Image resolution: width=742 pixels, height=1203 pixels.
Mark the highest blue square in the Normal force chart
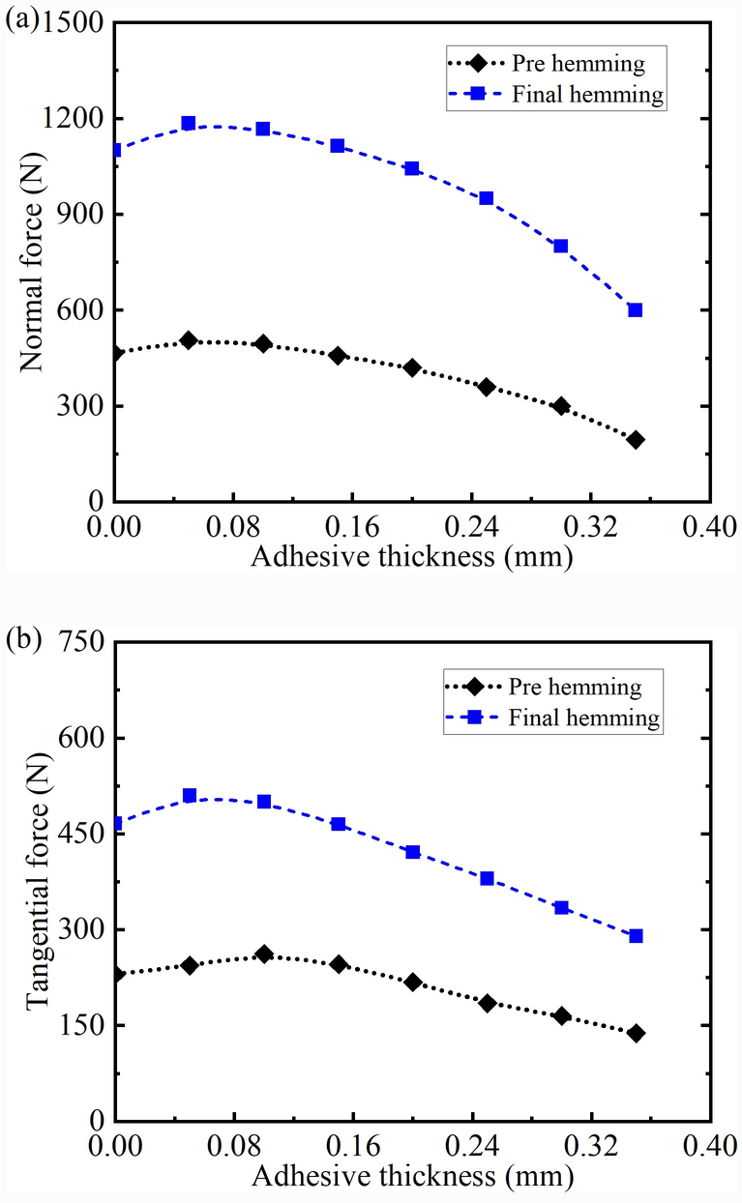(189, 123)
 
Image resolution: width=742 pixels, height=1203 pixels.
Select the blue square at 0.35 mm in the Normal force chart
(635, 310)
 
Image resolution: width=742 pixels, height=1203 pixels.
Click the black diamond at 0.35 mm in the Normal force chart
(635, 440)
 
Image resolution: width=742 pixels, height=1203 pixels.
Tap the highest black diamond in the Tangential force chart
(264, 954)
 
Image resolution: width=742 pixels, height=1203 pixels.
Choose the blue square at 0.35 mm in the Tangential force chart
(636, 936)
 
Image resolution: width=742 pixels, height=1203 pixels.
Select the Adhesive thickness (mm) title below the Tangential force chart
(412, 1176)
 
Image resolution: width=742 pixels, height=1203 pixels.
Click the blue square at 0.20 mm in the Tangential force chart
(413, 852)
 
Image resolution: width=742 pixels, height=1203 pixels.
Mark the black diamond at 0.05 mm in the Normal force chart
(189, 340)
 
